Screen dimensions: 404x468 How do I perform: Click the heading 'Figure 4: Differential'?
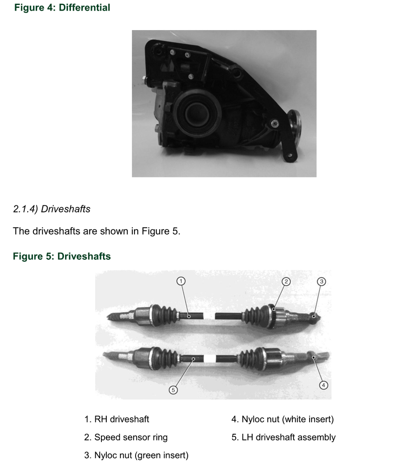tap(62, 7)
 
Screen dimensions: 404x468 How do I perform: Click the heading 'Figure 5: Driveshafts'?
tap(62, 256)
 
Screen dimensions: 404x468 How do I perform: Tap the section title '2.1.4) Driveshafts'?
tap(52, 209)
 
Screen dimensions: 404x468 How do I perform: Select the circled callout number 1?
tap(181, 281)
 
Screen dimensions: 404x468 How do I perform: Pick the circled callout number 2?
tap(286, 281)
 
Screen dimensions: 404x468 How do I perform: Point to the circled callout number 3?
tap(321, 281)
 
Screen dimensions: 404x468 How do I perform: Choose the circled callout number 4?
tap(323, 385)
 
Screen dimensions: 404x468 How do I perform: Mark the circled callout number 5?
tap(173, 390)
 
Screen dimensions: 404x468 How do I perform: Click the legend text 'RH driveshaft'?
tap(122, 420)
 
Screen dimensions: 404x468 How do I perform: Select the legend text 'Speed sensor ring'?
tap(131, 437)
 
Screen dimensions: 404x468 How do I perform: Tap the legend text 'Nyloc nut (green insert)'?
tap(141, 455)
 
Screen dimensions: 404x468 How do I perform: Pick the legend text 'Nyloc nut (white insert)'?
tap(288, 420)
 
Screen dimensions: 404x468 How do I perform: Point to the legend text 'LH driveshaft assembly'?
tap(288, 437)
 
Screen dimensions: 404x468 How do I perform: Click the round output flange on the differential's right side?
tap(294, 129)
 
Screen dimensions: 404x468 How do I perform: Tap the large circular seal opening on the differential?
tap(198, 113)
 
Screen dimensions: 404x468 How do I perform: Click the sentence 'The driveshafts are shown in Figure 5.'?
tap(97, 231)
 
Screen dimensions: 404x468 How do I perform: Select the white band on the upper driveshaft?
tap(209, 316)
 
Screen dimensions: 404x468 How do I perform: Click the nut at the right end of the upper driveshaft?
tap(314, 318)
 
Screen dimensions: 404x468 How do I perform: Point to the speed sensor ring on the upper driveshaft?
tap(272, 316)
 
